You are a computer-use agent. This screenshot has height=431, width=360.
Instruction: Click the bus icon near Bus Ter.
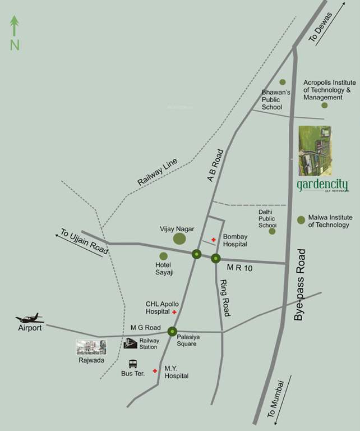(133, 364)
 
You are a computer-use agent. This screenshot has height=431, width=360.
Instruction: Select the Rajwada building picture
(91, 347)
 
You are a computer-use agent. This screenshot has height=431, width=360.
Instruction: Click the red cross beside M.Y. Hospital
(155, 371)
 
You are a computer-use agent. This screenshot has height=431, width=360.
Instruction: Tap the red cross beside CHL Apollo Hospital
(174, 311)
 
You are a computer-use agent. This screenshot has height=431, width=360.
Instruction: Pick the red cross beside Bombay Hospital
(213, 240)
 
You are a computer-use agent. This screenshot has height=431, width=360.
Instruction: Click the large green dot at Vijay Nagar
(179, 239)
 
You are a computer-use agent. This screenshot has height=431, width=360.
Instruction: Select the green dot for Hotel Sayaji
(163, 256)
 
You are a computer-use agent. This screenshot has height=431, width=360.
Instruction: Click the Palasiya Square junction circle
(172, 331)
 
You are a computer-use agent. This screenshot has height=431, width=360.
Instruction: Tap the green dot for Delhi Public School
(272, 231)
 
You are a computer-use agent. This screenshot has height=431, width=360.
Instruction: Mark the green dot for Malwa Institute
(301, 220)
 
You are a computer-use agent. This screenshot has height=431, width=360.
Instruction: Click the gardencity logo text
(322, 185)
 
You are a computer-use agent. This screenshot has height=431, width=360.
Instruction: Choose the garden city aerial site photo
(315, 150)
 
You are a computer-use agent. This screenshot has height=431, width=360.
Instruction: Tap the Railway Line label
(157, 172)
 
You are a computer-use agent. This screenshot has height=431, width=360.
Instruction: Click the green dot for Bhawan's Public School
(282, 82)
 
